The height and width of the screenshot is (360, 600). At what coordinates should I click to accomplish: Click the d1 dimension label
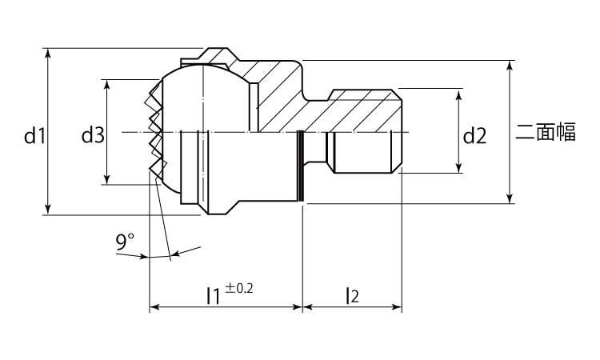(x=35, y=136)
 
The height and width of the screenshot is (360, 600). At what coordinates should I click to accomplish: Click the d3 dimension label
(x=93, y=135)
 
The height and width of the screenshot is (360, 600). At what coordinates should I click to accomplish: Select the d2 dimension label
(x=475, y=136)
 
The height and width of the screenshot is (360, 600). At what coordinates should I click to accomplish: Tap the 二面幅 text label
(x=546, y=132)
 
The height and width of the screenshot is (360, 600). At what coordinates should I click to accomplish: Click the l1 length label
(x=213, y=295)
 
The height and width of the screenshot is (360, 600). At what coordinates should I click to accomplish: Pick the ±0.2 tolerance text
(x=238, y=288)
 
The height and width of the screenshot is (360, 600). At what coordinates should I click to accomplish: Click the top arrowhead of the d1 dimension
(x=47, y=53)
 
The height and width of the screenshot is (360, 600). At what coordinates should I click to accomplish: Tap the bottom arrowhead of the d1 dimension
(x=47, y=210)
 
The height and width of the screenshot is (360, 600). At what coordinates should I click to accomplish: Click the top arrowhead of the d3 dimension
(x=107, y=85)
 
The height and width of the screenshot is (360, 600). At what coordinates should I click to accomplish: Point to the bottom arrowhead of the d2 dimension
(x=459, y=168)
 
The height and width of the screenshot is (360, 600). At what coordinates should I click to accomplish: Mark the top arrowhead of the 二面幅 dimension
(x=510, y=66)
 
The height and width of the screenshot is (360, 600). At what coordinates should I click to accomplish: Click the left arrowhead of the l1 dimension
(x=154, y=307)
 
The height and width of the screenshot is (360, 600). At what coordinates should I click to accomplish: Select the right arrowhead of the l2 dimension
(x=397, y=307)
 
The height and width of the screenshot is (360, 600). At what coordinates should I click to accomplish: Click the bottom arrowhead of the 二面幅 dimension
(x=510, y=198)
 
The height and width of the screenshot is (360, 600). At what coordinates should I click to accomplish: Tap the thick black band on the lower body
(x=301, y=166)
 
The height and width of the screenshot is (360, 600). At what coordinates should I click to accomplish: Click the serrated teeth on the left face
(x=154, y=130)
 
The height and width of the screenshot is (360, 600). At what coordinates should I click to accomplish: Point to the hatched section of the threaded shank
(x=360, y=111)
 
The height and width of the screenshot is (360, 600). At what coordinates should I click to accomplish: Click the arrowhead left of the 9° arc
(x=143, y=256)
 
